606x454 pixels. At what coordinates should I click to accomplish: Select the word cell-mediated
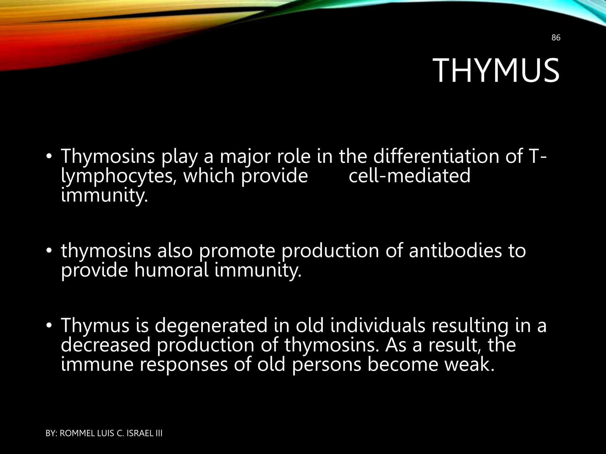tap(409, 176)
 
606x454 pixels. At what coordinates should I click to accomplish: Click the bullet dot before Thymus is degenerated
tap(49, 325)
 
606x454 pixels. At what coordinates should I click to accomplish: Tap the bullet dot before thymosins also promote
tap(49, 251)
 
